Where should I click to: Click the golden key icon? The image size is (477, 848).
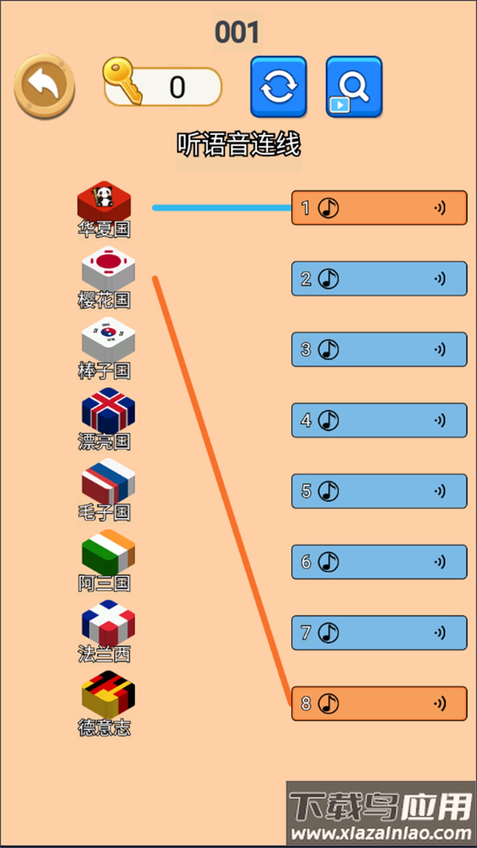pos(121,79)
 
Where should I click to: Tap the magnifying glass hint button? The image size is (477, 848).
pos(354,87)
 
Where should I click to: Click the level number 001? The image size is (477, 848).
pos(237,32)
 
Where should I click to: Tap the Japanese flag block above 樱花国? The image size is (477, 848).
pos(108,268)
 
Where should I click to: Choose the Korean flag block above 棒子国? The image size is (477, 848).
pos(108,338)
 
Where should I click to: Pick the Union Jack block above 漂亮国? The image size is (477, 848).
pos(108,409)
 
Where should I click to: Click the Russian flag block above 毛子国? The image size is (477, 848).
pos(108,481)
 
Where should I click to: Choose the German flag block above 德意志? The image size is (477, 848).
pos(108,693)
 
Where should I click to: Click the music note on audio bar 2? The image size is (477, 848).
pos(329,279)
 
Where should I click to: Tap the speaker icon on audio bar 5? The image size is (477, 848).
pos(439,491)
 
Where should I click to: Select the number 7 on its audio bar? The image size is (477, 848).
pos(306,632)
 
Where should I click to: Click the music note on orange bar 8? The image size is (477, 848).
pos(329,703)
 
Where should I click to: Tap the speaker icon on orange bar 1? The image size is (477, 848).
pos(439,208)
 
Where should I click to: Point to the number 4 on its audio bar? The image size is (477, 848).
pos(306,420)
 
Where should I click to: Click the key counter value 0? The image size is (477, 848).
pos(178,87)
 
